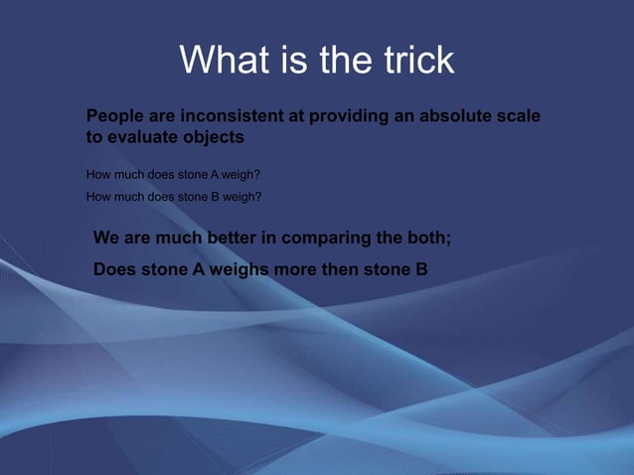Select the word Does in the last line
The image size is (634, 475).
(114, 267)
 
